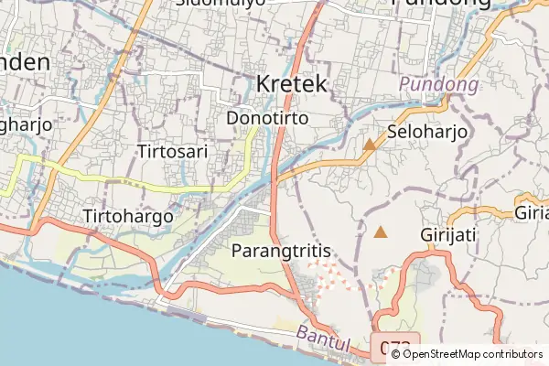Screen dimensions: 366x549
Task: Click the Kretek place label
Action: (x=292, y=83)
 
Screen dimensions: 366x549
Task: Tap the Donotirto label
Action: (x=267, y=118)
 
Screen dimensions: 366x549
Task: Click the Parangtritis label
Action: (x=281, y=249)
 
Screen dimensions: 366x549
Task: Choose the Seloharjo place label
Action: (x=427, y=132)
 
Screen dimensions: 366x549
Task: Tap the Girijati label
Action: (x=448, y=234)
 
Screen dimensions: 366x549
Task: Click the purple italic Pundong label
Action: (x=439, y=86)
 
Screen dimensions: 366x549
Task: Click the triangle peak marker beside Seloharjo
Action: (x=370, y=145)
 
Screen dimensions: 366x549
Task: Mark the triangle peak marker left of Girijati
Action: (x=381, y=232)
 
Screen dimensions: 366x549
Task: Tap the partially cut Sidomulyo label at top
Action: (x=220, y=3)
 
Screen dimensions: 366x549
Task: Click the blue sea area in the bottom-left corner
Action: (x=55, y=320)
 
